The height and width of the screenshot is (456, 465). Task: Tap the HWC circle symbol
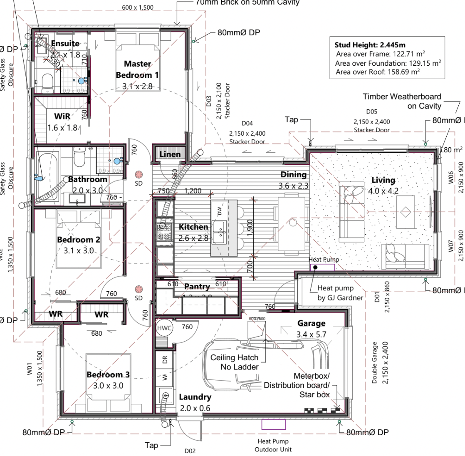click(162, 328)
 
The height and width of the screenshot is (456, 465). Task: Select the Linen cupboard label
click(171, 154)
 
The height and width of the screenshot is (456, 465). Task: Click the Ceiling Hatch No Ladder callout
click(234, 362)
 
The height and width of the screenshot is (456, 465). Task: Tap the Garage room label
click(312, 323)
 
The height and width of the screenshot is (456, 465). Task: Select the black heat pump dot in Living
click(316, 267)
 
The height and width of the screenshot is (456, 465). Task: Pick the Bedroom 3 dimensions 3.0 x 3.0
click(108, 386)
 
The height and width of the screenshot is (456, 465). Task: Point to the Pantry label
click(197, 287)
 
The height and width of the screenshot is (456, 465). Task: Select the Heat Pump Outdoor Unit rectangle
click(273, 424)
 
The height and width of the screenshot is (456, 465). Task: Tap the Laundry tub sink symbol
click(166, 396)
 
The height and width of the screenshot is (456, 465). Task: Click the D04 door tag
click(247, 124)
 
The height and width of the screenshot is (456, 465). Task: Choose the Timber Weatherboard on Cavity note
click(402, 101)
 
